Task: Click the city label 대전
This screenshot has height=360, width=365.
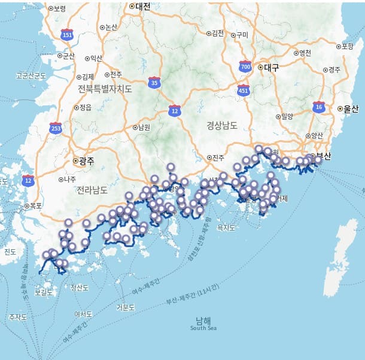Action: pos(142,7)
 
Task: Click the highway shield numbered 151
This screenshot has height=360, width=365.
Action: pos(68,35)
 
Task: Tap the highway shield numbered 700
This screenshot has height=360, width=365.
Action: pos(245,66)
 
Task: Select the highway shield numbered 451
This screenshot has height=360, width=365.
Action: pos(243,91)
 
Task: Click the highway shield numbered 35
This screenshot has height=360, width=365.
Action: pos(155,83)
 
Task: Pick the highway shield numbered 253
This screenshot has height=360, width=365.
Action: pos(56,128)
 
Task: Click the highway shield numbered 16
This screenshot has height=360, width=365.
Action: pos(318,107)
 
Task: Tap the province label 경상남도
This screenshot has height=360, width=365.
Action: pos(222,126)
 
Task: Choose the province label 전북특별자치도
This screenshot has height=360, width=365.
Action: pos(105,89)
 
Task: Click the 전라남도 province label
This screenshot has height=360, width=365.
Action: pos(92,190)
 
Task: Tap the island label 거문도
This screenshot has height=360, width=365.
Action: pos(125,307)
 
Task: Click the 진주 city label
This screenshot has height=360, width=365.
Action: pos(218,158)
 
